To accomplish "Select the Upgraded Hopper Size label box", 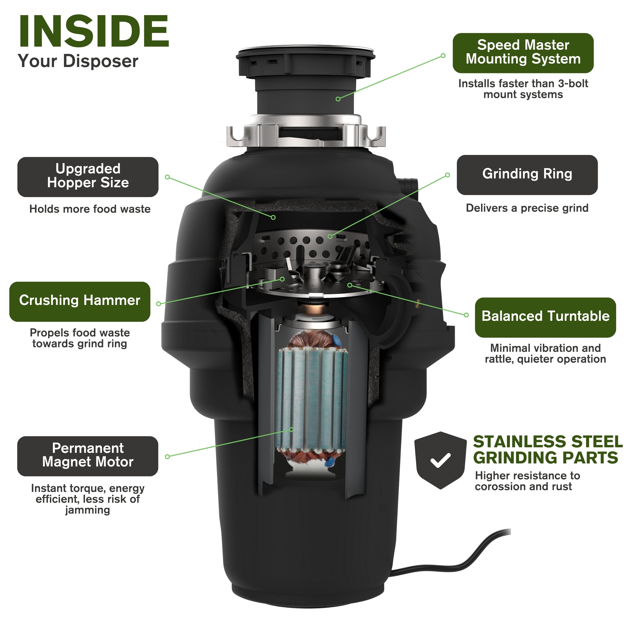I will pos(88,177).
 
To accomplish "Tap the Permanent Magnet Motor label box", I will pos(88,456).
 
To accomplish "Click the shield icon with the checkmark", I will pos(440,460).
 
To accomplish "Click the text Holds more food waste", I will pos(90,209).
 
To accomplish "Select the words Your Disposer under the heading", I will pos(78,61).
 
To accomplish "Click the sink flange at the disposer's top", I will pos(305,54).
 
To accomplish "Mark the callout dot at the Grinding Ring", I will pos(330,236).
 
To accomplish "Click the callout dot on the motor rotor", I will pos(292,429).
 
